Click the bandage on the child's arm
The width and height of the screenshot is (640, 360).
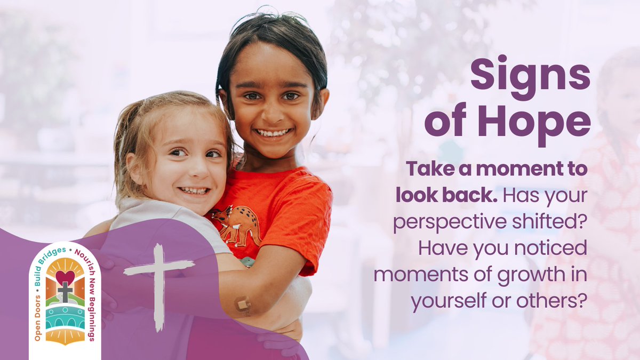click(x=243, y=304)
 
